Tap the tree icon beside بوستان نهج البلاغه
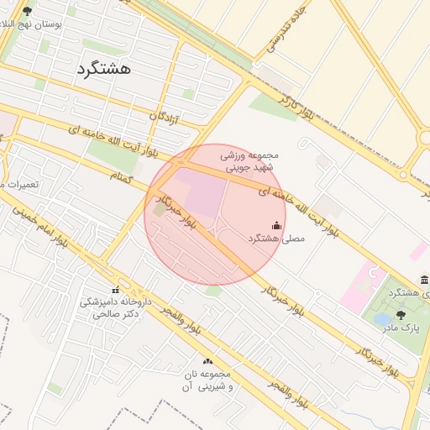tap(27, 11)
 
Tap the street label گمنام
tap(123, 178)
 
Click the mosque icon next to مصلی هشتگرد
tap(277, 224)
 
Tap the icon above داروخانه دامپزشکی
tap(115, 291)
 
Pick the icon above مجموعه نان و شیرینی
tap(207, 361)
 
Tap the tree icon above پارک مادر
tap(400, 314)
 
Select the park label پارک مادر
tap(400, 328)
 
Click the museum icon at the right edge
tap(425, 279)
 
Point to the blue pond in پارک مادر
tap(382, 319)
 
